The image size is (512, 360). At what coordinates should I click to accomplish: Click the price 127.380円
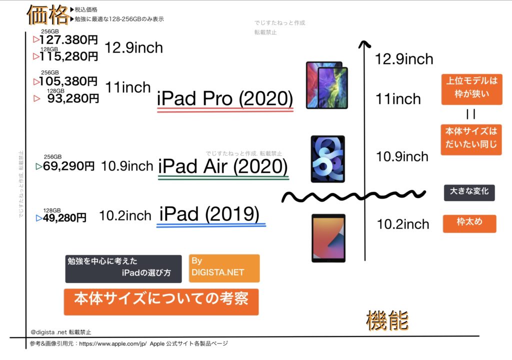pos(68,40)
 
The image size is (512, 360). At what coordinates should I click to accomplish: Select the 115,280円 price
pos(68,56)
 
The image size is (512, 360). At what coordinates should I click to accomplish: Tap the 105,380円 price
pos(68,81)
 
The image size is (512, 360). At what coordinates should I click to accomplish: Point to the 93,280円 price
pos(73,98)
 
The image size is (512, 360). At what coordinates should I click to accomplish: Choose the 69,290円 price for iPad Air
pos(68,166)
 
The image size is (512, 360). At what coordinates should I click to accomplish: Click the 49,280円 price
pos(64,217)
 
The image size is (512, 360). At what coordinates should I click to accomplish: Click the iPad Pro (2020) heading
pos(225,98)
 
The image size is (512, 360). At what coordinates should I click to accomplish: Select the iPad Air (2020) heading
pos(223,166)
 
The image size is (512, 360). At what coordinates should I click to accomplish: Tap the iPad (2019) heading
pos(209,214)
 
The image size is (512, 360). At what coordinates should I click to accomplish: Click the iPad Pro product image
pos(327,85)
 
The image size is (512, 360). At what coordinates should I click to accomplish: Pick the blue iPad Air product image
pos(328,159)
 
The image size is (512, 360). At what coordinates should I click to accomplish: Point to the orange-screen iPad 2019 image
pos(328,238)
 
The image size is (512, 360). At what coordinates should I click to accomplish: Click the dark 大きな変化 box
pos(469,192)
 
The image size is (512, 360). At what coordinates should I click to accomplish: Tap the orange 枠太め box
pos(469,223)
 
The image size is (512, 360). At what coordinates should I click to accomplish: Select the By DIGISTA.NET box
pos(224,268)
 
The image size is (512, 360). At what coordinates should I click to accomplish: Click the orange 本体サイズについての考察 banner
pos(161,302)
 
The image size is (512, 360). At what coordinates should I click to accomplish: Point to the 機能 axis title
pos(387,320)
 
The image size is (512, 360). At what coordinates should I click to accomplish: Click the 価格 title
pos(48,15)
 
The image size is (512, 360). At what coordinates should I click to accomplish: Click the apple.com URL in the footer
pos(113,343)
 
